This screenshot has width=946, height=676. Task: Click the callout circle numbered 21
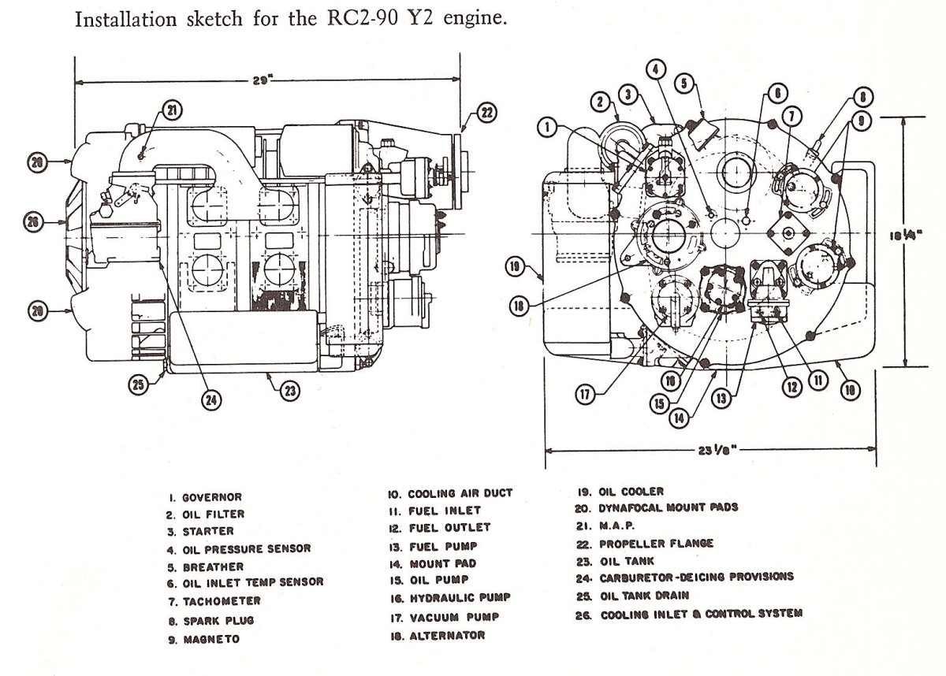click(x=172, y=110)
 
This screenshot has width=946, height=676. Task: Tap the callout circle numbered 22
click(x=486, y=113)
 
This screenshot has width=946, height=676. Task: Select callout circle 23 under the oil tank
click(x=290, y=391)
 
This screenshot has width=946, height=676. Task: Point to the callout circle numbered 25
click(x=139, y=384)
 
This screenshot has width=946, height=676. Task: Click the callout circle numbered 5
click(x=684, y=84)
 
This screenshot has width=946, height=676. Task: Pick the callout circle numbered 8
click(x=863, y=98)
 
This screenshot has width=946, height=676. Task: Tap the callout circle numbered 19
click(x=516, y=266)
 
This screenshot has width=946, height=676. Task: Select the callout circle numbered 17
click(x=585, y=395)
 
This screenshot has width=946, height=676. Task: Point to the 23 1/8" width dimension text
click(x=717, y=450)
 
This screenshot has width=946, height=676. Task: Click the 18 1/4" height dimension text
click(x=906, y=235)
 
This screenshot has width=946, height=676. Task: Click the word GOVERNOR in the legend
click(x=212, y=497)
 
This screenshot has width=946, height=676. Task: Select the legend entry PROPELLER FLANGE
click(x=656, y=544)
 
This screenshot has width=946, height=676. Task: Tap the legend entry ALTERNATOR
click(x=447, y=635)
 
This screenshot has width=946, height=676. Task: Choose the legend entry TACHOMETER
click(x=222, y=601)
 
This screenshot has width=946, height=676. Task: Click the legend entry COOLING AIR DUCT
click(x=460, y=493)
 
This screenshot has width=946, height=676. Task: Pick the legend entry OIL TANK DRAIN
click(x=645, y=596)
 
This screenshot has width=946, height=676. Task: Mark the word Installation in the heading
click(x=126, y=20)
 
